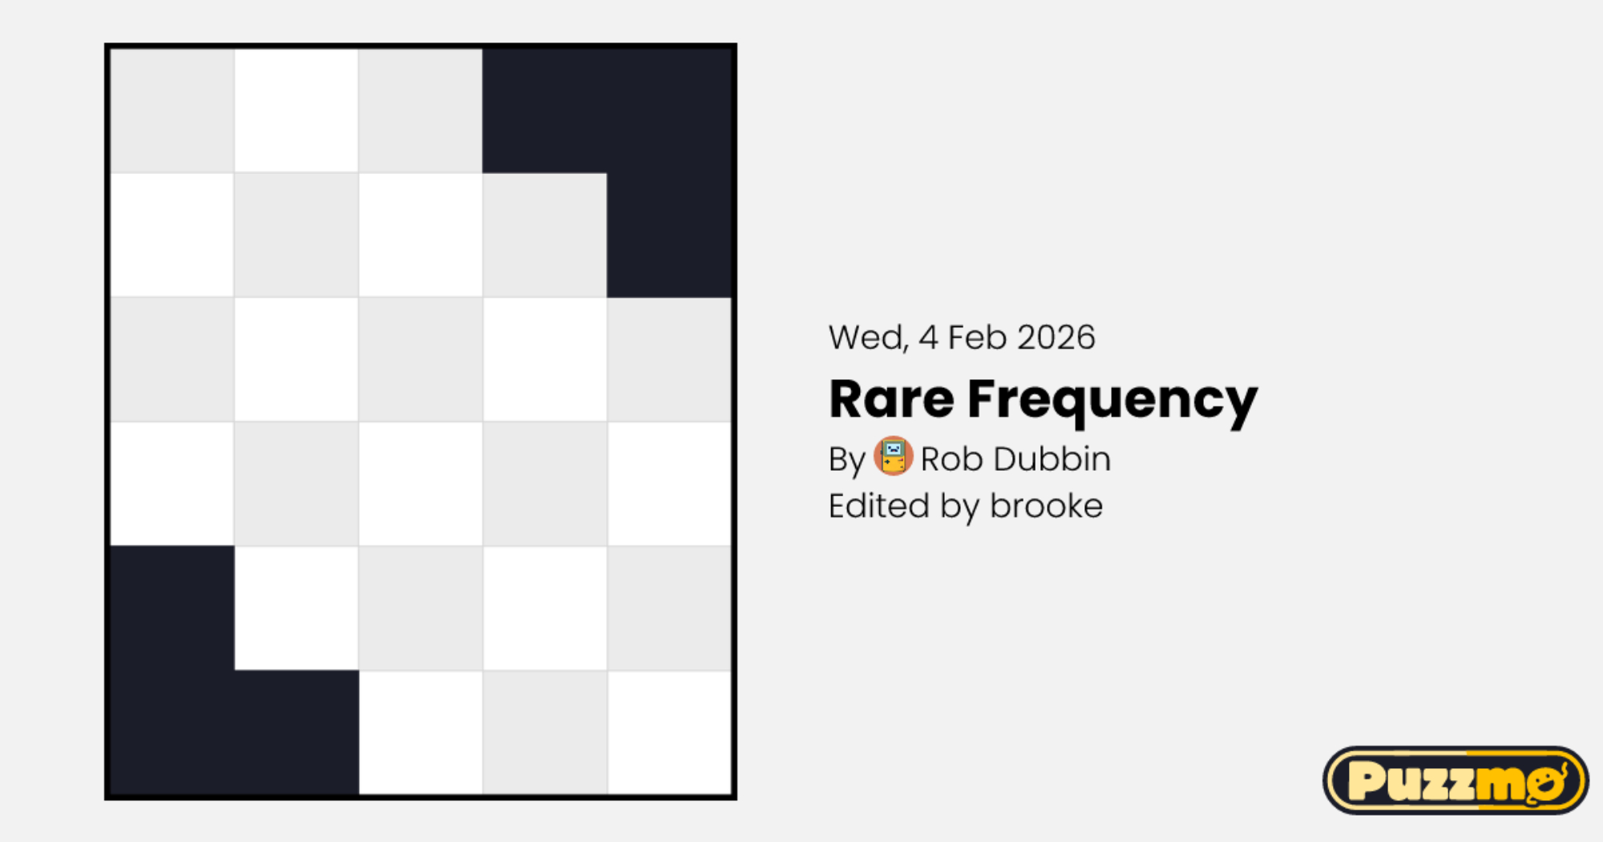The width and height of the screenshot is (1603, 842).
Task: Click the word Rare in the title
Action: pyautogui.click(x=891, y=399)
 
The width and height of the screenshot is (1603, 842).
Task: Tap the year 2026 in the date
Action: pyautogui.click(x=1056, y=338)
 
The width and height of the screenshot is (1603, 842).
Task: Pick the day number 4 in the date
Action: pyautogui.click(x=928, y=338)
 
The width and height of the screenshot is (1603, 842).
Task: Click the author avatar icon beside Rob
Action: pyautogui.click(x=893, y=456)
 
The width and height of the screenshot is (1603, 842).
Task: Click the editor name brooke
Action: pyautogui.click(x=1046, y=506)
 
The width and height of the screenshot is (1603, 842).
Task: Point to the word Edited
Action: pyautogui.click(x=879, y=506)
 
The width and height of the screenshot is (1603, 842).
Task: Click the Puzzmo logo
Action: pyautogui.click(x=1456, y=780)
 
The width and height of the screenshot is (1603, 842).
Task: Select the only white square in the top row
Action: pyautogui.click(x=297, y=111)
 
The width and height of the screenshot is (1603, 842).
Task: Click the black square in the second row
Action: pyautogui.click(x=669, y=235)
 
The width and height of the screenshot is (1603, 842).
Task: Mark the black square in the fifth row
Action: pyautogui.click(x=172, y=608)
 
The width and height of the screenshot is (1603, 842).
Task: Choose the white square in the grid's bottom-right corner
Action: pyautogui.click(x=669, y=732)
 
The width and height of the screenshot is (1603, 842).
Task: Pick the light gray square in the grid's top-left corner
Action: pyautogui.click(x=172, y=111)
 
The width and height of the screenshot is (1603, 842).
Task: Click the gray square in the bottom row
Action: pyautogui.click(x=545, y=732)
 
